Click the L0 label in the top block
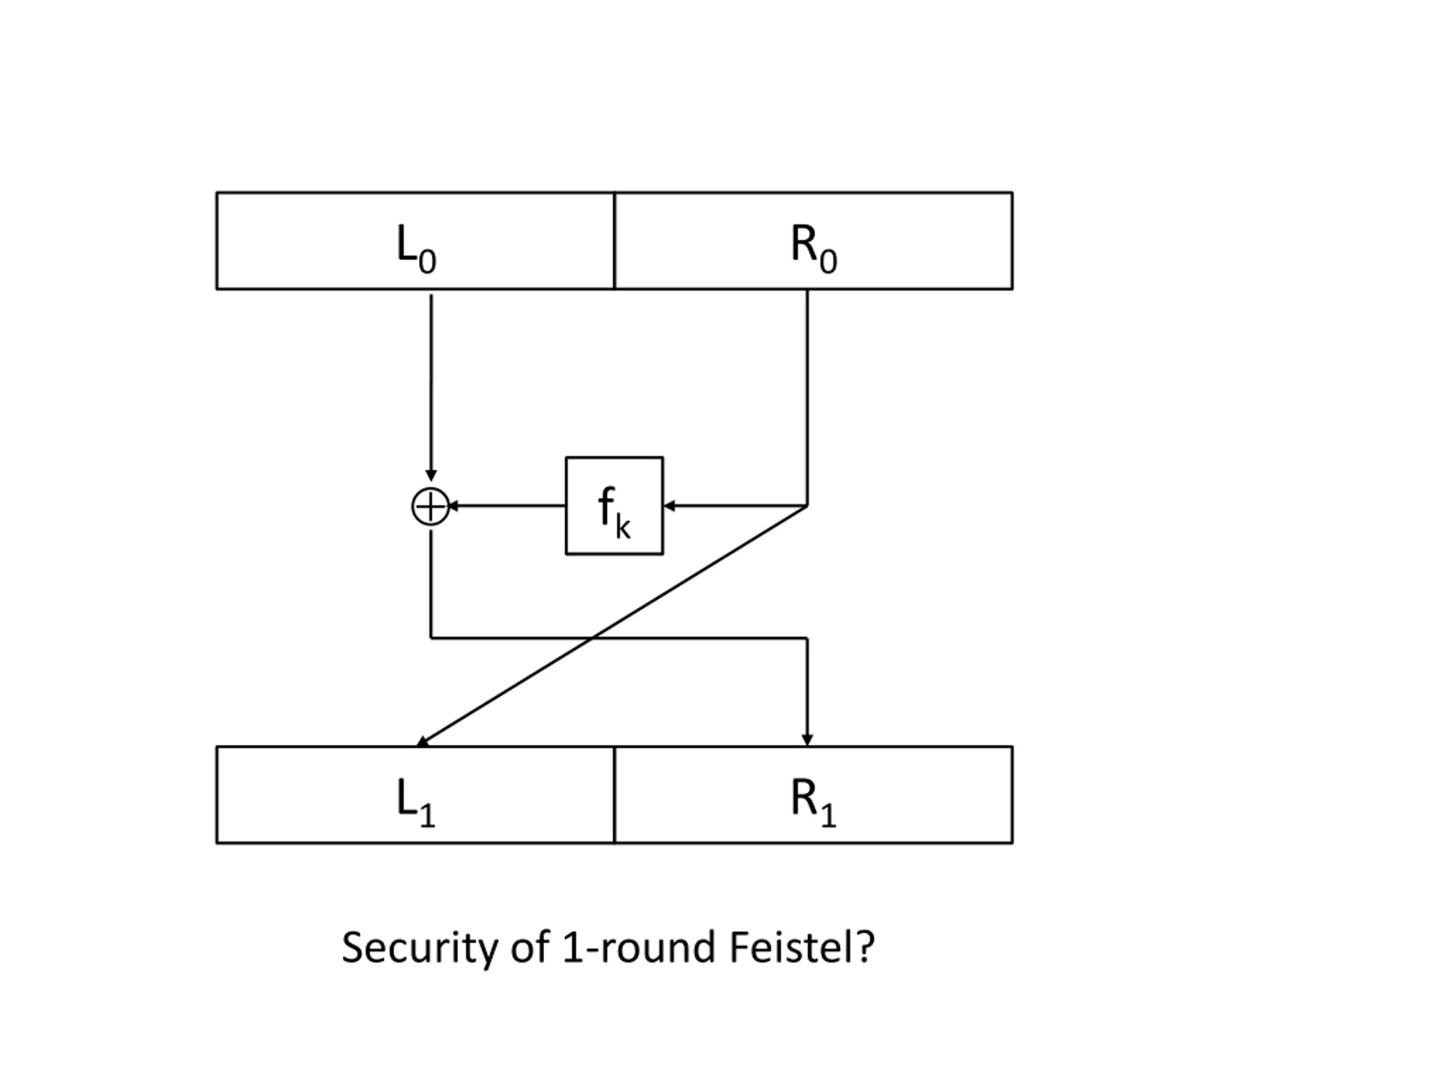(416, 249)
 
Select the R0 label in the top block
(814, 249)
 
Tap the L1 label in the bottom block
(416, 805)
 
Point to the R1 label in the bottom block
(814, 805)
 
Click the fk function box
(615, 506)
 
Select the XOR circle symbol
(431, 506)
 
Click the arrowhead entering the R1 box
(807, 740)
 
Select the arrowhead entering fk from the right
(669, 506)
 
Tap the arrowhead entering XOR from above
(431, 475)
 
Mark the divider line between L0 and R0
(615, 241)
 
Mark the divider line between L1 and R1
(615, 795)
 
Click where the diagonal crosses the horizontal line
(593, 638)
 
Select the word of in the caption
(529, 947)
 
